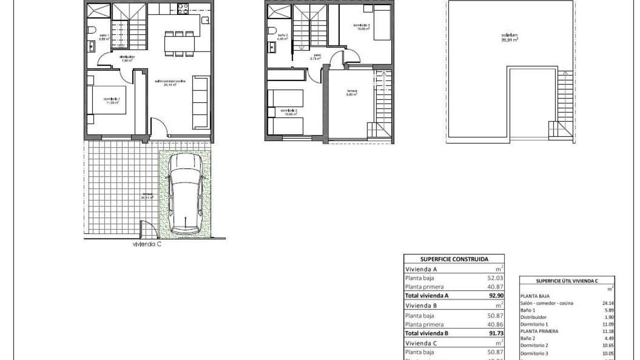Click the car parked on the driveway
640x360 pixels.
pos(185,194)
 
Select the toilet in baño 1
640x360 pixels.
pos(92,30)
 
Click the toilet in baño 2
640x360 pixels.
pos(272,30)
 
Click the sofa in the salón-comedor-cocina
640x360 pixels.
pos(200,103)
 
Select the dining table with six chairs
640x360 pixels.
pos(179,44)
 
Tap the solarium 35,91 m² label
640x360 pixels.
pos(509,37)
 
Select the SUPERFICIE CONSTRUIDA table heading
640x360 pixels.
pos(454,259)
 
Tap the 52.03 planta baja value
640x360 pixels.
pos(495,278)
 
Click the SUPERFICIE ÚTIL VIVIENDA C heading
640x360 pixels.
pos(567,281)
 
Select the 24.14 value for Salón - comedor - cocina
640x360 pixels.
pos(608,303)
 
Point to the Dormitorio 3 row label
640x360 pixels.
pos(534,353)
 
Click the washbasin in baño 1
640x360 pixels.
pos(91,46)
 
